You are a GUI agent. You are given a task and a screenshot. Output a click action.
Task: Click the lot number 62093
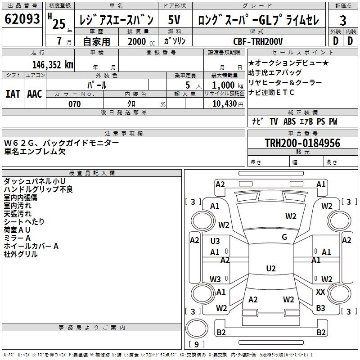click(x=22, y=18)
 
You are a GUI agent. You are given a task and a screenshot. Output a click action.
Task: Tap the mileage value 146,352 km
click(x=53, y=65)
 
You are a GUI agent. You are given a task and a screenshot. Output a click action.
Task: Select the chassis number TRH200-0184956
click(x=302, y=143)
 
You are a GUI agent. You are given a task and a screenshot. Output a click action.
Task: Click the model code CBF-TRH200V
click(x=257, y=41)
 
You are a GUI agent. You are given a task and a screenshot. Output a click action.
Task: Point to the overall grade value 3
click(x=343, y=21)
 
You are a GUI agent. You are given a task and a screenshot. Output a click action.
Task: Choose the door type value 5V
click(x=174, y=20)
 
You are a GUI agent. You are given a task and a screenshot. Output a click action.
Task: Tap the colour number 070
click(x=75, y=104)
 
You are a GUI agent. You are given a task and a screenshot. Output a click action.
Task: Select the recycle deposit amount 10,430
click(x=225, y=104)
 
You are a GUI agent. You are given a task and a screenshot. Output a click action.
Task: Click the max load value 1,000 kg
click(x=227, y=85)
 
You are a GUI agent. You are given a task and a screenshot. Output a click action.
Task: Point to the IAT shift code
click(x=13, y=94)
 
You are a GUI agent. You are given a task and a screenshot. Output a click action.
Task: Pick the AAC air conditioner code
click(x=35, y=94)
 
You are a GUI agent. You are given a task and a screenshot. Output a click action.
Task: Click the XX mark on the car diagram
click(x=320, y=292)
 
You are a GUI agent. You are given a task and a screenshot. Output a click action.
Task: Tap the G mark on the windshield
click(x=284, y=237)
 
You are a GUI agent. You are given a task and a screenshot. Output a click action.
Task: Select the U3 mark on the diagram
click(x=215, y=241)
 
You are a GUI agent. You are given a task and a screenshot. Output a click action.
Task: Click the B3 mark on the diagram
click(x=320, y=308)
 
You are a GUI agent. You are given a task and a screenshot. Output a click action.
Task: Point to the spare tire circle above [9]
click(x=197, y=328)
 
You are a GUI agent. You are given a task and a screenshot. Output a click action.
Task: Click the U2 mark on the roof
click(x=271, y=268)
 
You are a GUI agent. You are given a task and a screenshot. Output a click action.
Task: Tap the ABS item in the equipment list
click(x=289, y=121)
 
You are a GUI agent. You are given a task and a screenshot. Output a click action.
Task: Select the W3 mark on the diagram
click(x=215, y=279)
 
